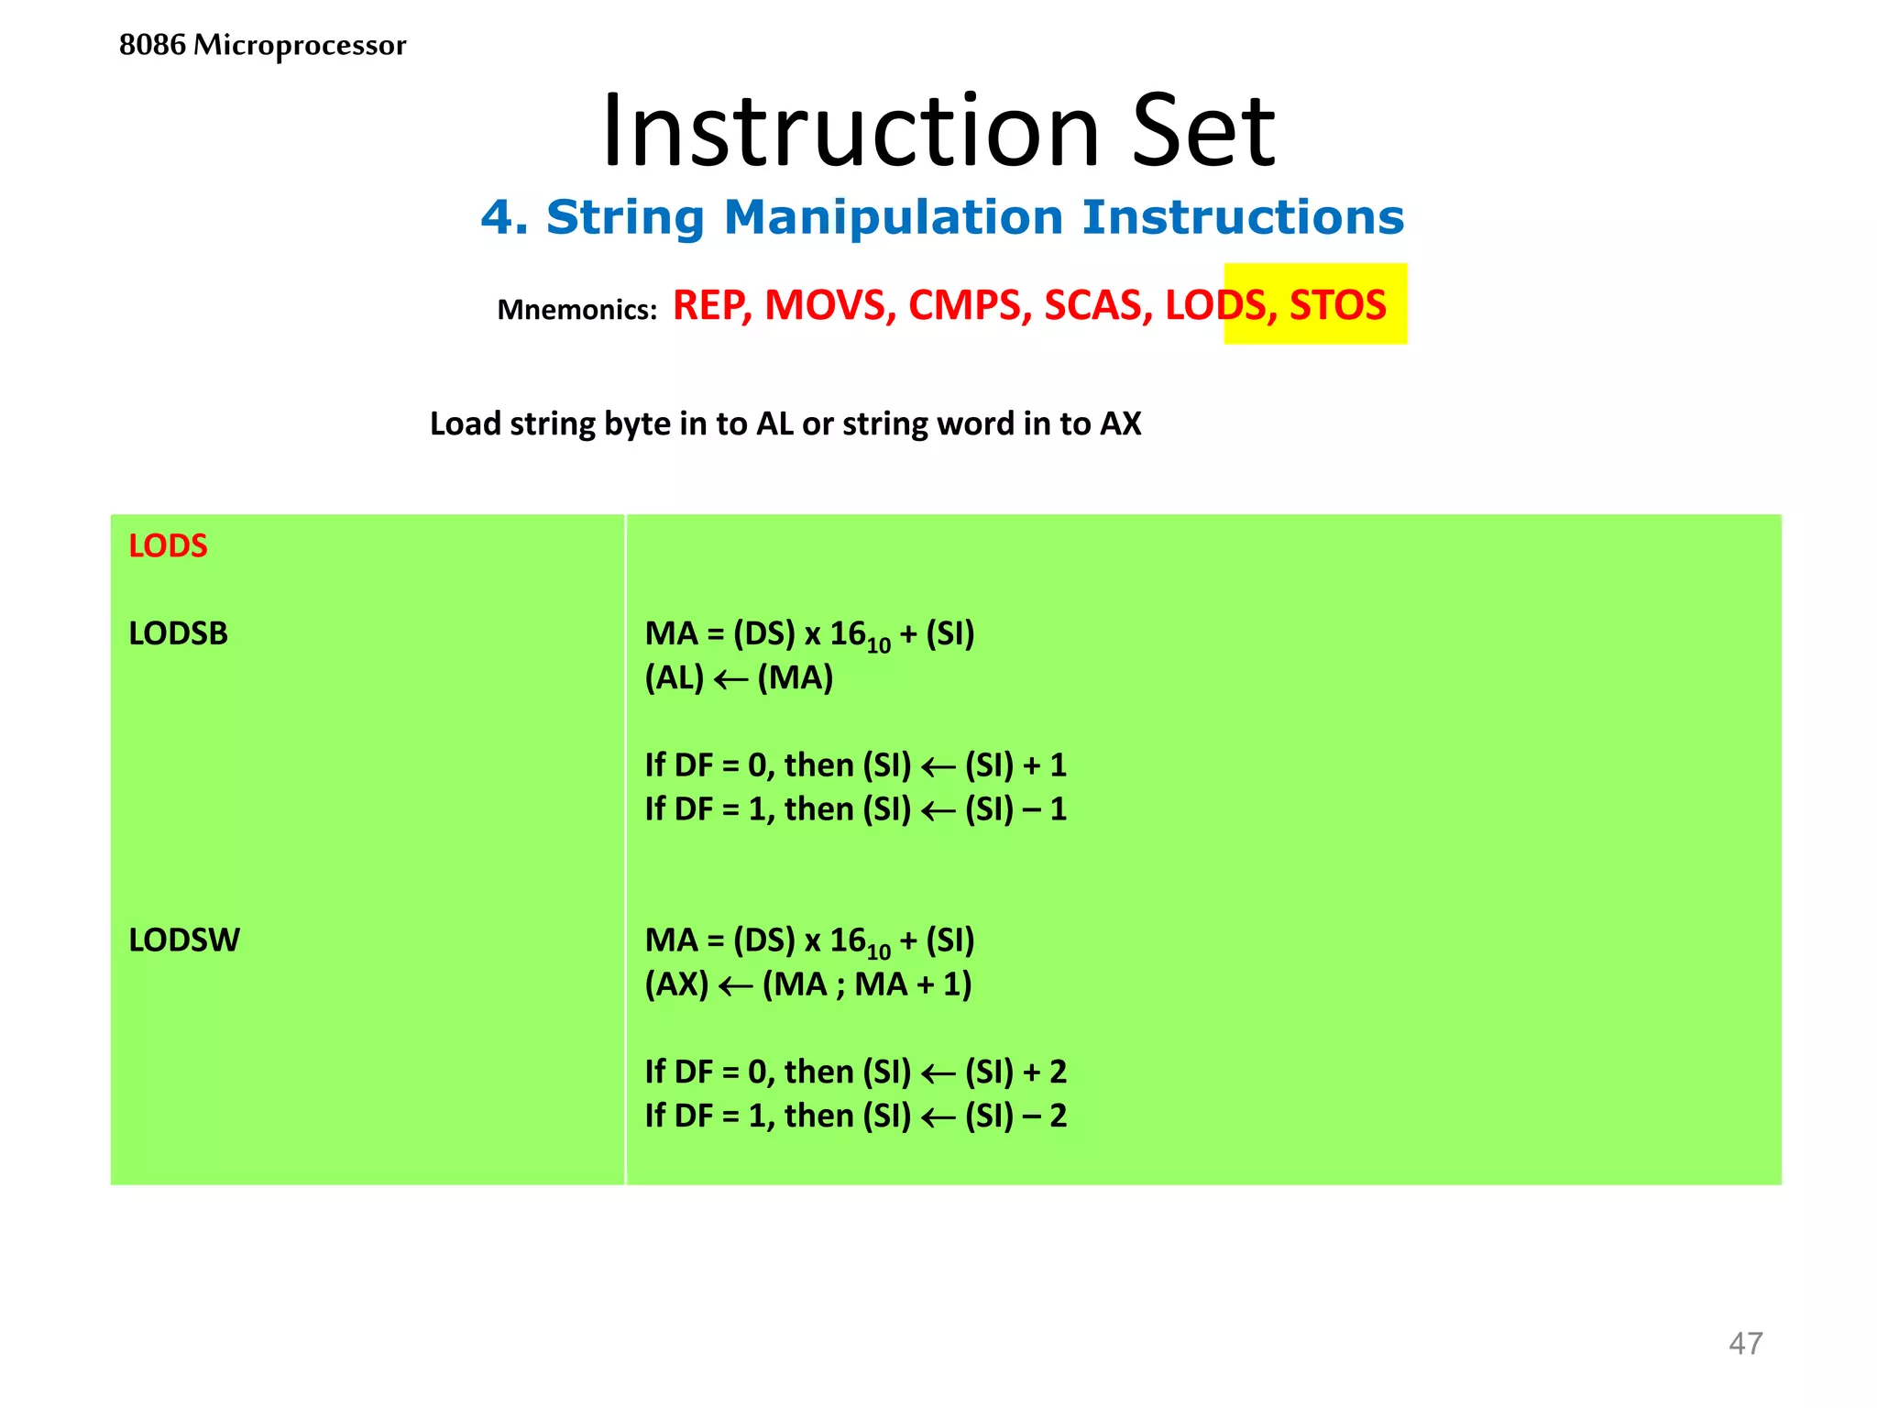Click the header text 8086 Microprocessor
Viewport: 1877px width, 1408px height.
(x=262, y=45)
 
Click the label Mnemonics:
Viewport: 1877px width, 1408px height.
(x=576, y=310)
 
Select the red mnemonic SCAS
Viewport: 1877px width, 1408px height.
(x=1098, y=305)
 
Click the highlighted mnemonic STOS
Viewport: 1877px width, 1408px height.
(x=1337, y=305)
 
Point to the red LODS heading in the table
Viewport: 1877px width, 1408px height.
(x=168, y=546)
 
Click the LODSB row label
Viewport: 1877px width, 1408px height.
(x=178, y=633)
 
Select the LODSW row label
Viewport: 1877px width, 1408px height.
(x=184, y=940)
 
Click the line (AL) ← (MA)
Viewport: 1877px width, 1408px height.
(x=739, y=678)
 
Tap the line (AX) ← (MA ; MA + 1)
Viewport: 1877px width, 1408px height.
(x=807, y=984)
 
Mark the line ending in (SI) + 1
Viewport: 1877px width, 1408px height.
(x=855, y=765)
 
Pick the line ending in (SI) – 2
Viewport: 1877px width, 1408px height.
(x=855, y=1116)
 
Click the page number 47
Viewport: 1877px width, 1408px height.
(x=1745, y=1344)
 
